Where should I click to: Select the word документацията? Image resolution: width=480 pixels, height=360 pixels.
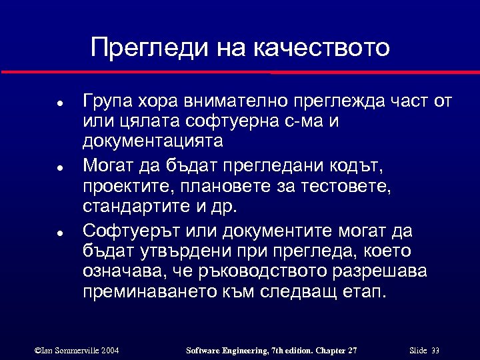[153, 142]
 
